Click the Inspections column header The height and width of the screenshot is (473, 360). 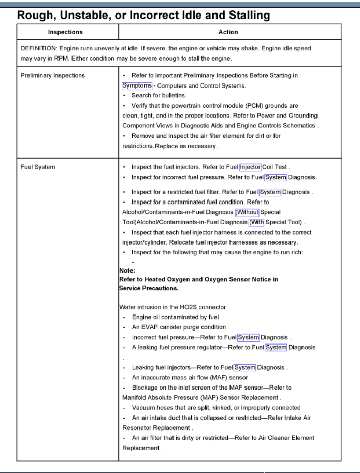[65, 32]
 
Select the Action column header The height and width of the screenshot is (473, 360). [228, 32]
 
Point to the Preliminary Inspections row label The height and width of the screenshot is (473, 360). [52, 75]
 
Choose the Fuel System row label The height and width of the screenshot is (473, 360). [38, 167]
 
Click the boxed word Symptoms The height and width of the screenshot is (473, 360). [137, 85]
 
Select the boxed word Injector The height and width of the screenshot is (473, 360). [250, 167]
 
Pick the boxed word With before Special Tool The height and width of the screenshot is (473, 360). [256, 222]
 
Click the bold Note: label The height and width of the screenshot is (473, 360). [127, 270]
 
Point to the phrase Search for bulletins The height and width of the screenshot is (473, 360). [159, 95]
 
